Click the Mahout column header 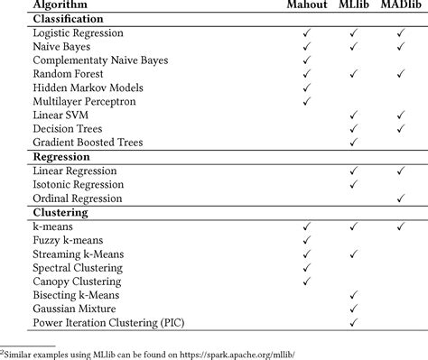click(306, 6)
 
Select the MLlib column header click(353, 6)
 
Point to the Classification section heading click(67, 19)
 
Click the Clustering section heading click(60, 212)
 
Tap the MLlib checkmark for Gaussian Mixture click(354, 309)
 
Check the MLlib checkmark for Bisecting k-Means click(354, 295)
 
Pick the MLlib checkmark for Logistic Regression click(354, 32)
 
